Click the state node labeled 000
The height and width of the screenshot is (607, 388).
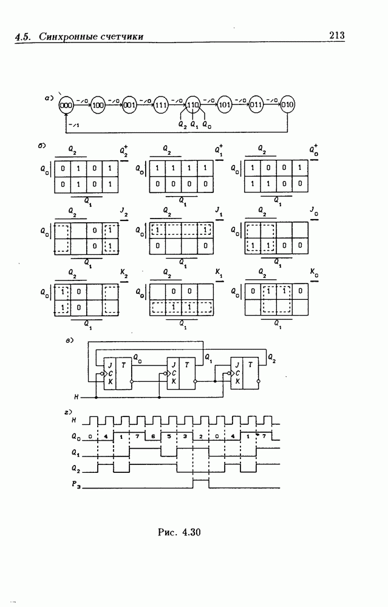point(66,105)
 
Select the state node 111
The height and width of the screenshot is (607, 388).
point(161,105)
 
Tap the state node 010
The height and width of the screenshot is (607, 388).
point(288,105)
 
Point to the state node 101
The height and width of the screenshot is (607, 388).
point(225,105)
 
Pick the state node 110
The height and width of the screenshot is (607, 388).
point(193,105)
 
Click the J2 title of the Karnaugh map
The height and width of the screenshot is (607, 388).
point(124,212)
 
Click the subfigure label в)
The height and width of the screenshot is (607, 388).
point(69,341)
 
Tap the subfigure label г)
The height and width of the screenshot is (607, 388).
point(69,413)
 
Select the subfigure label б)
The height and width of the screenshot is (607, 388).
point(41,146)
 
